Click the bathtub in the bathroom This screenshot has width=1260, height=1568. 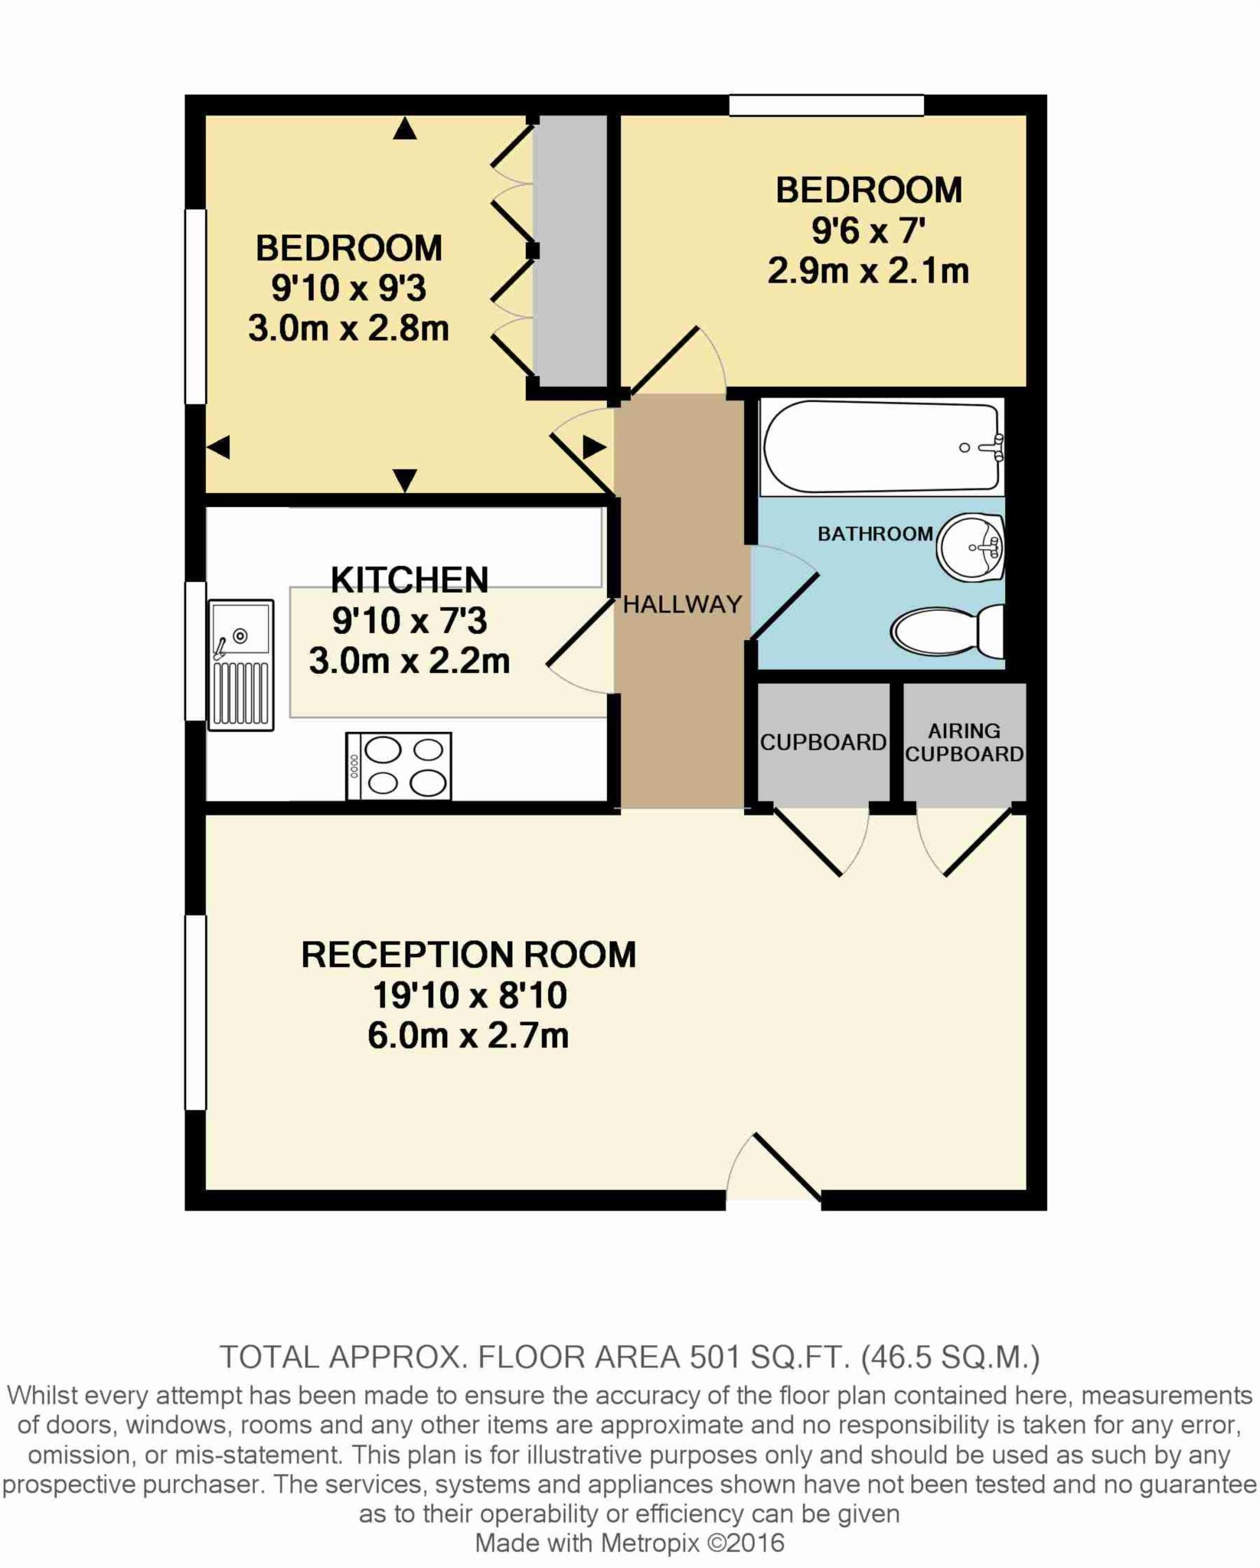tap(880, 447)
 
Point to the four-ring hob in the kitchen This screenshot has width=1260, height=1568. tap(399, 766)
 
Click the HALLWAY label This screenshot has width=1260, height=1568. tap(682, 605)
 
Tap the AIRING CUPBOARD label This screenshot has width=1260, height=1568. tap(964, 743)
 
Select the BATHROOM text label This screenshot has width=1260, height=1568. tap(875, 534)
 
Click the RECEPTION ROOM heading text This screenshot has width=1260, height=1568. tap(468, 955)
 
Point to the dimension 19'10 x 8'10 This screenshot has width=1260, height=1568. tap(469, 995)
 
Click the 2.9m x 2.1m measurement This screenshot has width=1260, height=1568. tap(868, 271)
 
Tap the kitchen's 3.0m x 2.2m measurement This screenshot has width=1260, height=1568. tap(410, 661)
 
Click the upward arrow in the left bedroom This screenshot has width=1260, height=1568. tap(405, 129)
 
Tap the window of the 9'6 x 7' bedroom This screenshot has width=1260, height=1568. tap(826, 105)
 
